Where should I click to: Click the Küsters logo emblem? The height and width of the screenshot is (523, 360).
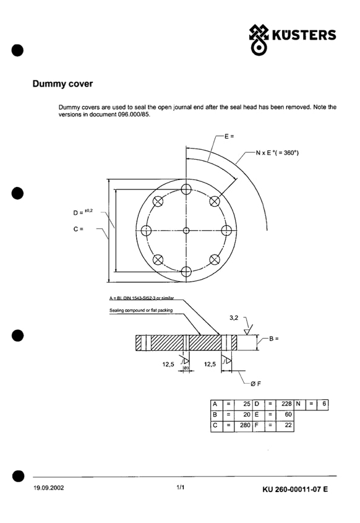tap(259, 40)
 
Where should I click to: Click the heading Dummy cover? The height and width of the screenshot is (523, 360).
tap(62, 84)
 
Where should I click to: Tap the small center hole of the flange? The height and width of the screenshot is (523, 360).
tap(186, 230)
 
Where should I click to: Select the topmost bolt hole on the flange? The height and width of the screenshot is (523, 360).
tap(186, 189)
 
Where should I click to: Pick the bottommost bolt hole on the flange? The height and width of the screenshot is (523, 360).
tap(186, 272)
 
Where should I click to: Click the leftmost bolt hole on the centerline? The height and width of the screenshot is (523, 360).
tap(146, 230)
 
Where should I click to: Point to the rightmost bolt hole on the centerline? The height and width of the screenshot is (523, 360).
tap(226, 230)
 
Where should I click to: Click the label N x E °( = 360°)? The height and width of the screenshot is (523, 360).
tap(277, 153)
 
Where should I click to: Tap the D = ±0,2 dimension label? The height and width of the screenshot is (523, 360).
tap(83, 212)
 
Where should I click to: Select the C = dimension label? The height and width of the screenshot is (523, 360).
tap(79, 229)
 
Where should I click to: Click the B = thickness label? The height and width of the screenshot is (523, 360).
tap(273, 339)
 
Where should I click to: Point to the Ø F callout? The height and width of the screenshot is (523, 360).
tap(256, 384)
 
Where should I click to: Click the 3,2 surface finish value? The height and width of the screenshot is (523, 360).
tap(234, 318)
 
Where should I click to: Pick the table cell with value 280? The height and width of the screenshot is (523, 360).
tap(243, 425)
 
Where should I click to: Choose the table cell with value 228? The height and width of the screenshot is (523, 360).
tap(285, 404)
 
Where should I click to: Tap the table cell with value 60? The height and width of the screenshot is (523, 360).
tap(285, 415)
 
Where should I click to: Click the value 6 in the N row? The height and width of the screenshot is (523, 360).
tap(323, 404)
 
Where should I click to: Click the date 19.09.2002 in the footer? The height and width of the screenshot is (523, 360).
tap(49, 488)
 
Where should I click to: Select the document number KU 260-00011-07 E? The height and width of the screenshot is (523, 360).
tap(295, 490)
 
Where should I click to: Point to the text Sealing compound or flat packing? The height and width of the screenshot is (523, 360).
tap(141, 310)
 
